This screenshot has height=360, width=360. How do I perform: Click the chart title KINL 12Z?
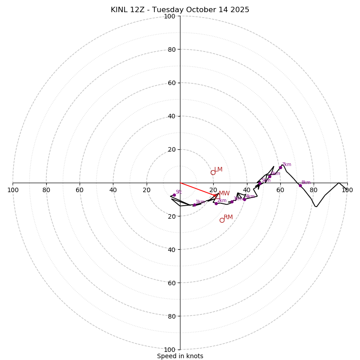pyautogui.click(x=180, y=10)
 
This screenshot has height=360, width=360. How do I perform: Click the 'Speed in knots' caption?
pyautogui.click(x=180, y=356)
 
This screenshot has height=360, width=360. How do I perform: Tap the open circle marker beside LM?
pyautogui.click(x=213, y=172)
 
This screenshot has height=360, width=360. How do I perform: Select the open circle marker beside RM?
pyautogui.click(x=222, y=220)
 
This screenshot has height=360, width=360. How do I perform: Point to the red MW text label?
pyautogui.click(x=224, y=193)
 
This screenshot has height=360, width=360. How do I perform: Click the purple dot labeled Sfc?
pyautogui.click(x=174, y=195)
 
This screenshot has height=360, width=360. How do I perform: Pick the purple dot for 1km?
pyautogui.click(x=194, y=205)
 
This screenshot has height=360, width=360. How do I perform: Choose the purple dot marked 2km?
pyautogui.click(x=216, y=203)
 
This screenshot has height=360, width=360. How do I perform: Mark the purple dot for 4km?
pyautogui.click(x=244, y=199)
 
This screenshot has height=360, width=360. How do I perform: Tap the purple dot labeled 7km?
pyautogui.click(x=280, y=167)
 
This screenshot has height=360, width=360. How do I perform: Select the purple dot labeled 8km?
pyautogui.click(x=300, y=185)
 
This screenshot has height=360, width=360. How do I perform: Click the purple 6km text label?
pyautogui.click(x=275, y=174)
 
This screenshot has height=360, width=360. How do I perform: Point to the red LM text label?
pyautogui.click(x=218, y=170)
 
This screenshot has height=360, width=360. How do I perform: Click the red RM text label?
pyautogui.click(x=228, y=217)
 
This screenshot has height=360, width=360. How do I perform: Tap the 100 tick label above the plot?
pyautogui.click(x=170, y=17)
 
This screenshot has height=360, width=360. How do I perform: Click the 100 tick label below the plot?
pyautogui.click(x=170, y=350)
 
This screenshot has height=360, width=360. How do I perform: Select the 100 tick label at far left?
pyautogui.click(x=13, y=190)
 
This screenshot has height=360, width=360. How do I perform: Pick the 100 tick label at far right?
pyautogui.click(x=347, y=190)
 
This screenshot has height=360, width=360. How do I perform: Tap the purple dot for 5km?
pyautogui.click(x=260, y=184)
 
